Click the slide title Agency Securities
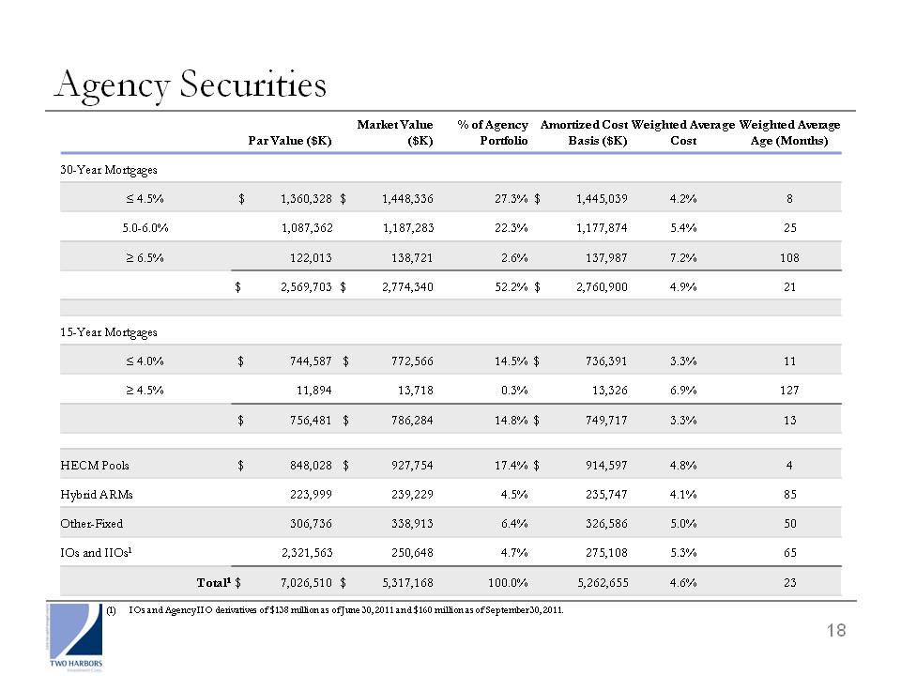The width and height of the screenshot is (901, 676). (x=191, y=85)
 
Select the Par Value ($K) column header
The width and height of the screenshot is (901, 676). (x=290, y=141)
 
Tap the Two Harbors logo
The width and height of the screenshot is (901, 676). (x=76, y=637)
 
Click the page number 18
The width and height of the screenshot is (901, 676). (x=836, y=631)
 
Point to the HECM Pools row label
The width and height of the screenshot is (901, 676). (x=95, y=466)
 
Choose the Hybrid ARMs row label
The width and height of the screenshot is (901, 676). (x=97, y=495)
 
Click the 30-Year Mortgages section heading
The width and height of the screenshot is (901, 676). (x=109, y=170)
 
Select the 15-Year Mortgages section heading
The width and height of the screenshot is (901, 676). (x=109, y=332)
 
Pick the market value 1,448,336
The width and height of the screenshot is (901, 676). (x=407, y=199)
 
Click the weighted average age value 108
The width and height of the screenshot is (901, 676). (x=789, y=258)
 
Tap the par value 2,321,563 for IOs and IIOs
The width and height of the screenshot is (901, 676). (x=307, y=553)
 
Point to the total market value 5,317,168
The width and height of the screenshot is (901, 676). (x=407, y=583)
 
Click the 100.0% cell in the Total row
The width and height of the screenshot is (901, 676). (x=508, y=583)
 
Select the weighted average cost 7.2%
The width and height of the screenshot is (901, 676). (x=683, y=258)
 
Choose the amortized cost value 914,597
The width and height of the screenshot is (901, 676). (x=606, y=466)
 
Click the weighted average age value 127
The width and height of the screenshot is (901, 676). (x=789, y=391)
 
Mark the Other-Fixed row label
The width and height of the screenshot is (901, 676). (x=91, y=524)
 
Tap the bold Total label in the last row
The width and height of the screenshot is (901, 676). (x=214, y=583)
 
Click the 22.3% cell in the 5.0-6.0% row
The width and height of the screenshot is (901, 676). (x=512, y=228)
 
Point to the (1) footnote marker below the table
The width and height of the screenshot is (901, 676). (x=111, y=610)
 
